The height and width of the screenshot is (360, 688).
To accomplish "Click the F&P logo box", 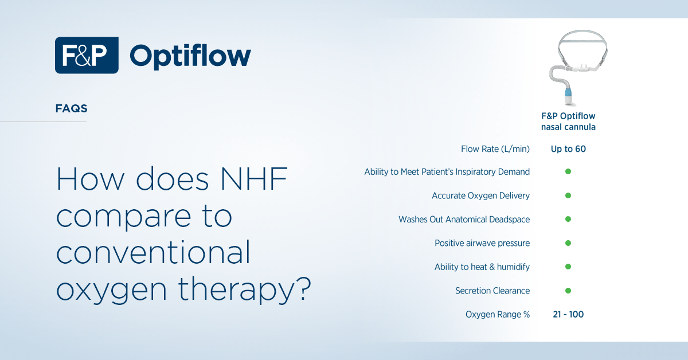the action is coord(87,55).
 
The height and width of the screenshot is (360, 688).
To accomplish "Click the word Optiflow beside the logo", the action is coord(190,56).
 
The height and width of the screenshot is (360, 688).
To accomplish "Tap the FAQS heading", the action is coord(71,108).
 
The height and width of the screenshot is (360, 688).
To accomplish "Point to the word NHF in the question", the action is coord(254,179).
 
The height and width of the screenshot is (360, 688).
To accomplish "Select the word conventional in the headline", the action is coord(153,252).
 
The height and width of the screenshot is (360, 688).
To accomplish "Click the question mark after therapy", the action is coord(304,288).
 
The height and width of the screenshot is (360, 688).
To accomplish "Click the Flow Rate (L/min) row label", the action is coord(495,149).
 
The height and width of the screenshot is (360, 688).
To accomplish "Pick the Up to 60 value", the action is coord(568,149).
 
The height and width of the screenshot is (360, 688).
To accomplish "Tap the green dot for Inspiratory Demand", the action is coord(568,171).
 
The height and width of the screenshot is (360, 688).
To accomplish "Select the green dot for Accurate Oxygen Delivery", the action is coord(568,195).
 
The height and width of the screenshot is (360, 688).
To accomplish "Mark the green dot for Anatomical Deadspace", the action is coord(568,219).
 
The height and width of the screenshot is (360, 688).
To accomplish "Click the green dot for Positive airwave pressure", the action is coord(568,243).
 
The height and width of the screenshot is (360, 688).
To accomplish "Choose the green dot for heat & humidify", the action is coord(568,267).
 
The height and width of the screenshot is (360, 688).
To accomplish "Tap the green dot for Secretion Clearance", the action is coord(568,291).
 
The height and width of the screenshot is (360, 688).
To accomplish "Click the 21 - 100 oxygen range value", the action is coord(568,314).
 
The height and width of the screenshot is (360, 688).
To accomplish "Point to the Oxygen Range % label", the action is coord(498,314).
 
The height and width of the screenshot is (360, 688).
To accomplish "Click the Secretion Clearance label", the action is coord(492,291).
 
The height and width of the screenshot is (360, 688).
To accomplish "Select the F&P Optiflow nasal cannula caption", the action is coord(568,122).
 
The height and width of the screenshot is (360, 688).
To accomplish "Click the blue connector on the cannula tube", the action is coord(568,93).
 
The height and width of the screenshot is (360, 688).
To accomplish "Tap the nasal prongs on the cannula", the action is coord(582,66).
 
